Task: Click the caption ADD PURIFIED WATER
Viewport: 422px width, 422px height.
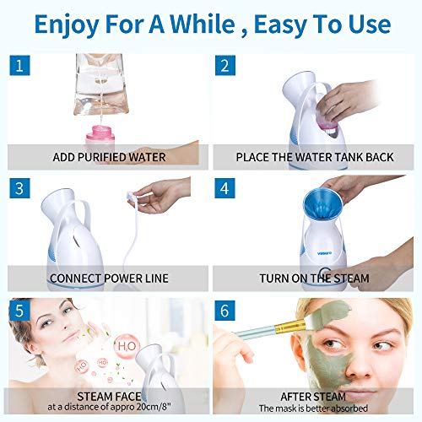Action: click(x=108, y=156)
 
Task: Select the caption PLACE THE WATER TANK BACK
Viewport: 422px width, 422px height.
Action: click(x=316, y=156)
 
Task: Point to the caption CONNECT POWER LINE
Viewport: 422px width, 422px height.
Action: click(x=108, y=278)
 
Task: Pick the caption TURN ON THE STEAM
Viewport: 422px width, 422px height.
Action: click(x=316, y=278)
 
